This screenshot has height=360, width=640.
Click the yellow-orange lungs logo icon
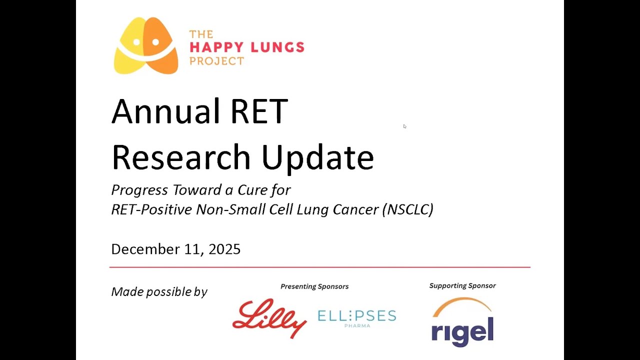tap(146, 46)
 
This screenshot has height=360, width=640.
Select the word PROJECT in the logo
tap(216, 61)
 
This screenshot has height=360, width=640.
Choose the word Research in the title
tap(180, 156)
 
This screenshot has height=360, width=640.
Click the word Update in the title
tap(317, 156)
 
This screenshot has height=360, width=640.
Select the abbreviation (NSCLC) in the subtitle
tap(407, 209)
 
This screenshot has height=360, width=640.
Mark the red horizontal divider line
tap(320, 267)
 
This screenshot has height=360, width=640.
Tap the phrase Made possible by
tap(159, 292)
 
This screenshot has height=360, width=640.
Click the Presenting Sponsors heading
tap(314, 286)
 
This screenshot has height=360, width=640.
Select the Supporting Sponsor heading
tap(462, 286)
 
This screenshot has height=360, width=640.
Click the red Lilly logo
tap(269, 317)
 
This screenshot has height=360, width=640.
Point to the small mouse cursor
tap(404, 126)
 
